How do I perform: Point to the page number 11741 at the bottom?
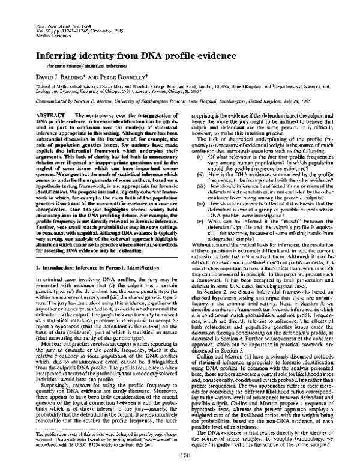tap(179, 454)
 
